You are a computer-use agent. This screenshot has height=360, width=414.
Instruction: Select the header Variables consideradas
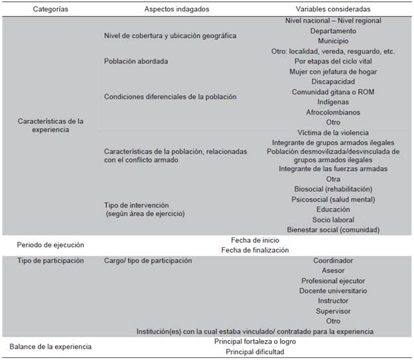[333, 9]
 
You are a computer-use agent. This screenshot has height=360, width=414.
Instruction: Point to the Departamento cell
[333, 30]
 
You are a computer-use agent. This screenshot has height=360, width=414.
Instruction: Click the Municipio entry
[333, 40]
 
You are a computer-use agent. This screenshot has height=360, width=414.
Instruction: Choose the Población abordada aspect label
[136, 61]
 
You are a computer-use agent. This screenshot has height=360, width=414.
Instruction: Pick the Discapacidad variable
[333, 82]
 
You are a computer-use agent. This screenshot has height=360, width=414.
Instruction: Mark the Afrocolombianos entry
[333, 112]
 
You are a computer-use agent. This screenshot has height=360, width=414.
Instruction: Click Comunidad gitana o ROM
[333, 91]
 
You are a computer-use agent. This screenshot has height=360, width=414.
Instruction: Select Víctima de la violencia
[333, 133]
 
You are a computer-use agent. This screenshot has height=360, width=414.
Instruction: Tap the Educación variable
[333, 210]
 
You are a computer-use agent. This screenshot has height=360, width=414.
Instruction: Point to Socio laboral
[333, 219]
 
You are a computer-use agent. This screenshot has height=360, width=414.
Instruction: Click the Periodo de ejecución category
[50, 245]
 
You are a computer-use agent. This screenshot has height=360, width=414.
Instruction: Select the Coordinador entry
[333, 261]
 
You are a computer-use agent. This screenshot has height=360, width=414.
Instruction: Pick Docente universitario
[333, 290]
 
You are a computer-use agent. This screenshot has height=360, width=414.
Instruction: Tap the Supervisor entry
[333, 311]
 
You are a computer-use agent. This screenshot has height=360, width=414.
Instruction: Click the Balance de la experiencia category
[50, 346]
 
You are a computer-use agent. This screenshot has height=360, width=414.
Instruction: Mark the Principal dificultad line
[255, 351]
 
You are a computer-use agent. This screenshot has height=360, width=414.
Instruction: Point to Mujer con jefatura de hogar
[333, 72]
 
